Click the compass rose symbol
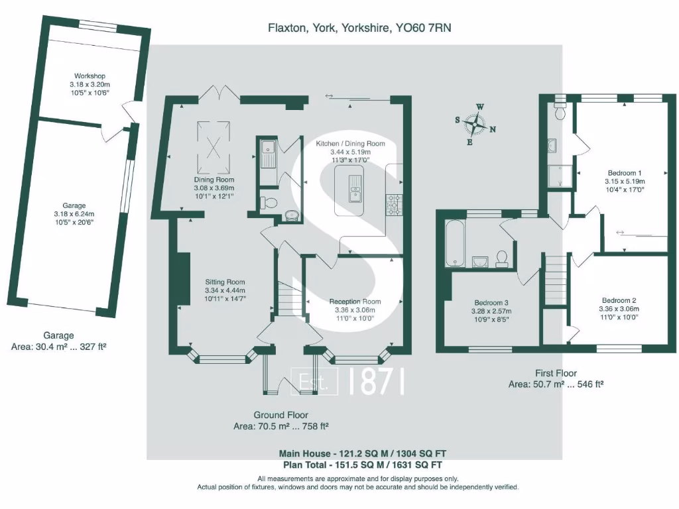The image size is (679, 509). (475, 123)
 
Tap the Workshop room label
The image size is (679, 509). (90, 77)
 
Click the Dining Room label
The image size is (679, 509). (214, 180)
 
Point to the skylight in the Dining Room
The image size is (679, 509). (214, 141)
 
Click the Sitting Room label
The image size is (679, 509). (225, 282)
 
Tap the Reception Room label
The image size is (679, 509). (355, 302)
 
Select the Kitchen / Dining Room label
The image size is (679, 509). (350, 144)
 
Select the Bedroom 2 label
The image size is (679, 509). (619, 300)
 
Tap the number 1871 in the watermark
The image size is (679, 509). (375, 382)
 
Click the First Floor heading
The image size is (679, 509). (556, 373)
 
